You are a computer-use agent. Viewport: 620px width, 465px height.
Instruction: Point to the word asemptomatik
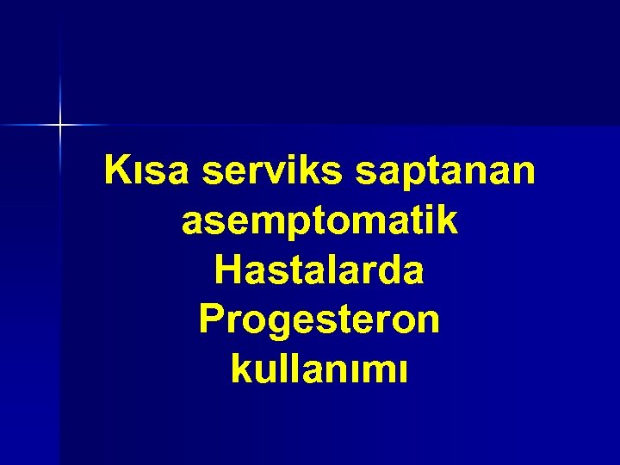pyautogui.click(x=319, y=222)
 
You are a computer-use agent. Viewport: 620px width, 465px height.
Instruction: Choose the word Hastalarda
pyautogui.click(x=319, y=270)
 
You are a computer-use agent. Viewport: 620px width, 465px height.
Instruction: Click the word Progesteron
pyautogui.click(x=319, y=321)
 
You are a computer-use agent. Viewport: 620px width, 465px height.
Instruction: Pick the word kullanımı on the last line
pyautogui.click(x=319, y=370)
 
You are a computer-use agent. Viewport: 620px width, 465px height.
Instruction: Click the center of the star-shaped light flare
pyautogui.click(x=60, y=126)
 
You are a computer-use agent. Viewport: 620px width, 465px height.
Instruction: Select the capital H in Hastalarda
pyautogui.click(x=227, y=270)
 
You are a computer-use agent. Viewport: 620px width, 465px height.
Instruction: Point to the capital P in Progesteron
pyautogui.click(x=211, y=319)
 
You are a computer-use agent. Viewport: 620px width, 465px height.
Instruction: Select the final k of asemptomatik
pyautogui.click(x=447, y=221)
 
